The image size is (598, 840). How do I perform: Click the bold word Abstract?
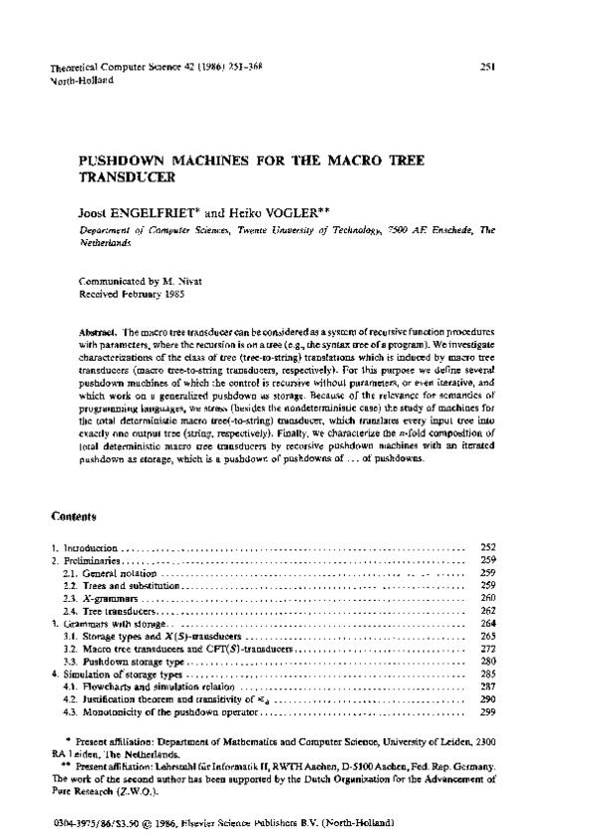click(x=98, y=330)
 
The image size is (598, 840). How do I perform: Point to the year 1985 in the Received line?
click(x=168, y=295)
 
